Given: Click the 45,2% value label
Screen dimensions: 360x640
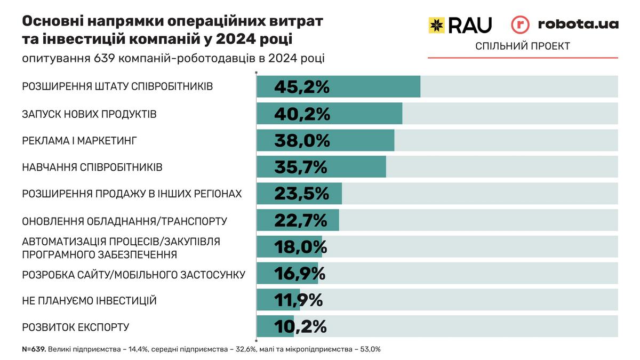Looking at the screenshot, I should (301, 87).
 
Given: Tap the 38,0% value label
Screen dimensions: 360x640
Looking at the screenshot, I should (301, 140).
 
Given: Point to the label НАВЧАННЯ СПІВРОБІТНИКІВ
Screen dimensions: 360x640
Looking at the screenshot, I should (92, 167).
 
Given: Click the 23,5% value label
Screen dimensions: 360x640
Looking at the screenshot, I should (301, 194).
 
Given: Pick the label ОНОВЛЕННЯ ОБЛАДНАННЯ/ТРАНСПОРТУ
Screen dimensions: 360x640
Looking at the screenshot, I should (125, 220).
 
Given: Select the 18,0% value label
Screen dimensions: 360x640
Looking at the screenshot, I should (300, 247).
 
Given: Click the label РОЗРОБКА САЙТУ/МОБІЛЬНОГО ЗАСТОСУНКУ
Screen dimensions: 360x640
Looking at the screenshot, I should (133, 275).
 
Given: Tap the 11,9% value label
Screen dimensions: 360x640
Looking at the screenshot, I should (298, 300).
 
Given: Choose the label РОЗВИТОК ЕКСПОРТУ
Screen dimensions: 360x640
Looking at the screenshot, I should (76, 327).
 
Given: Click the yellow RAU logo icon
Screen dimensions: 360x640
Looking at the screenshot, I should (437, 25).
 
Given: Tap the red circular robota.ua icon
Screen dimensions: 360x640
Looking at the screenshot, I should (520, 25).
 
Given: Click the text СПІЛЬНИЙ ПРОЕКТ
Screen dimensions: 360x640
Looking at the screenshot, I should (523, 46).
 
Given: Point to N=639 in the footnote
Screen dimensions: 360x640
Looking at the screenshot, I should (34, 349).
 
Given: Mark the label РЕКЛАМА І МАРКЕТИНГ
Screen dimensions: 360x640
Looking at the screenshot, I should (80, 141).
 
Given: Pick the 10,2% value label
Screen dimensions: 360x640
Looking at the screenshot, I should (300, 326).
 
